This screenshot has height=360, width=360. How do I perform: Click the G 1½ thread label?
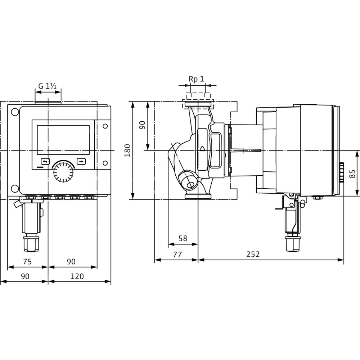coord(47,86)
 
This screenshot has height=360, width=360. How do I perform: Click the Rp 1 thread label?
coord(196,79)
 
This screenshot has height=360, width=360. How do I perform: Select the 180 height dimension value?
coord(127,150)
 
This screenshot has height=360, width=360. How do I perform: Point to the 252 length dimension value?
coord(253,254)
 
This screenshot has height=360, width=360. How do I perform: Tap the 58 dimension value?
coord(183,238)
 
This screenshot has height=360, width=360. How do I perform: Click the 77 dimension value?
coord(177,254)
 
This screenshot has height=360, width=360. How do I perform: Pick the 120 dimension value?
coord(77,276)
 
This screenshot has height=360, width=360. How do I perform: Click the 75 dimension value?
coord(27,261)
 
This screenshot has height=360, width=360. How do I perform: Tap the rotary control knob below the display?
coord(63,172)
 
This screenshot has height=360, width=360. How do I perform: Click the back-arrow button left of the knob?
coord(45,162)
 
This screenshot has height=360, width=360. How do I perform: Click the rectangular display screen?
coord(63,140)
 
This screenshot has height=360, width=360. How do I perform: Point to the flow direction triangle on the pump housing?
coord(202,149)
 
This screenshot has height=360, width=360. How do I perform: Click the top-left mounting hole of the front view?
coord(15,112)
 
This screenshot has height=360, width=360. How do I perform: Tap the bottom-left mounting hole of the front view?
coord(15,189)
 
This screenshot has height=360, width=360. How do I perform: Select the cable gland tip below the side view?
coord(292,245)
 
